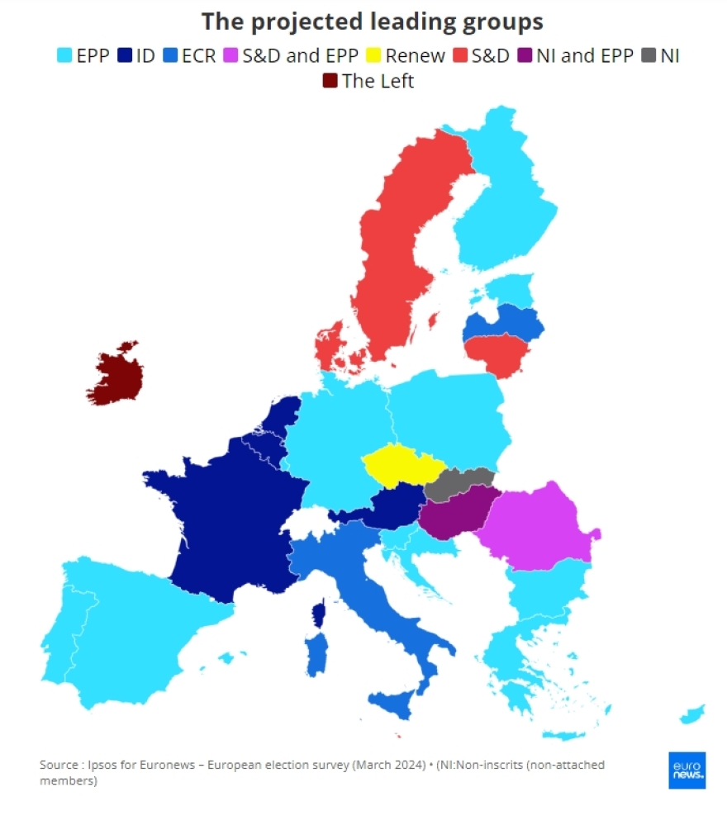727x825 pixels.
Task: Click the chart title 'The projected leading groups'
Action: (373, 21)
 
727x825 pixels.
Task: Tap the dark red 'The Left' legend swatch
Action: (330, 81)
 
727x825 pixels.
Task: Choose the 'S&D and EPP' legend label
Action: (300, 57)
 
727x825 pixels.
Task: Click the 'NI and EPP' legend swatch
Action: (525, 57)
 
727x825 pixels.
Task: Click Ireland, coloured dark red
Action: (117, 376)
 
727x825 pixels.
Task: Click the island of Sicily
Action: (400, 703)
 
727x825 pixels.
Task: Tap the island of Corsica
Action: (318, 615)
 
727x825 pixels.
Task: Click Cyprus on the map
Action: (691, 713)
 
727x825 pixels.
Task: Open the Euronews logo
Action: (687, 770)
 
